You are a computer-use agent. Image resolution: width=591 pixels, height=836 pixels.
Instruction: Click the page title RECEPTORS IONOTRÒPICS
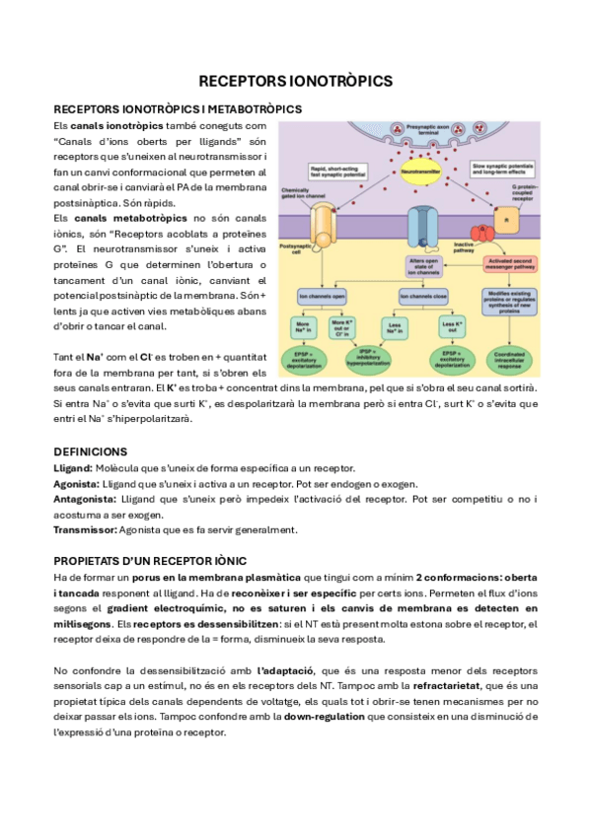(295, 80)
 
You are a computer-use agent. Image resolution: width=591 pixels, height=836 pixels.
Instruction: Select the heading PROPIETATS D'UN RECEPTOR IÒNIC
(150, 560)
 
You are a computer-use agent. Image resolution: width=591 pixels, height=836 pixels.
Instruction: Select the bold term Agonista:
(76, 483)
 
